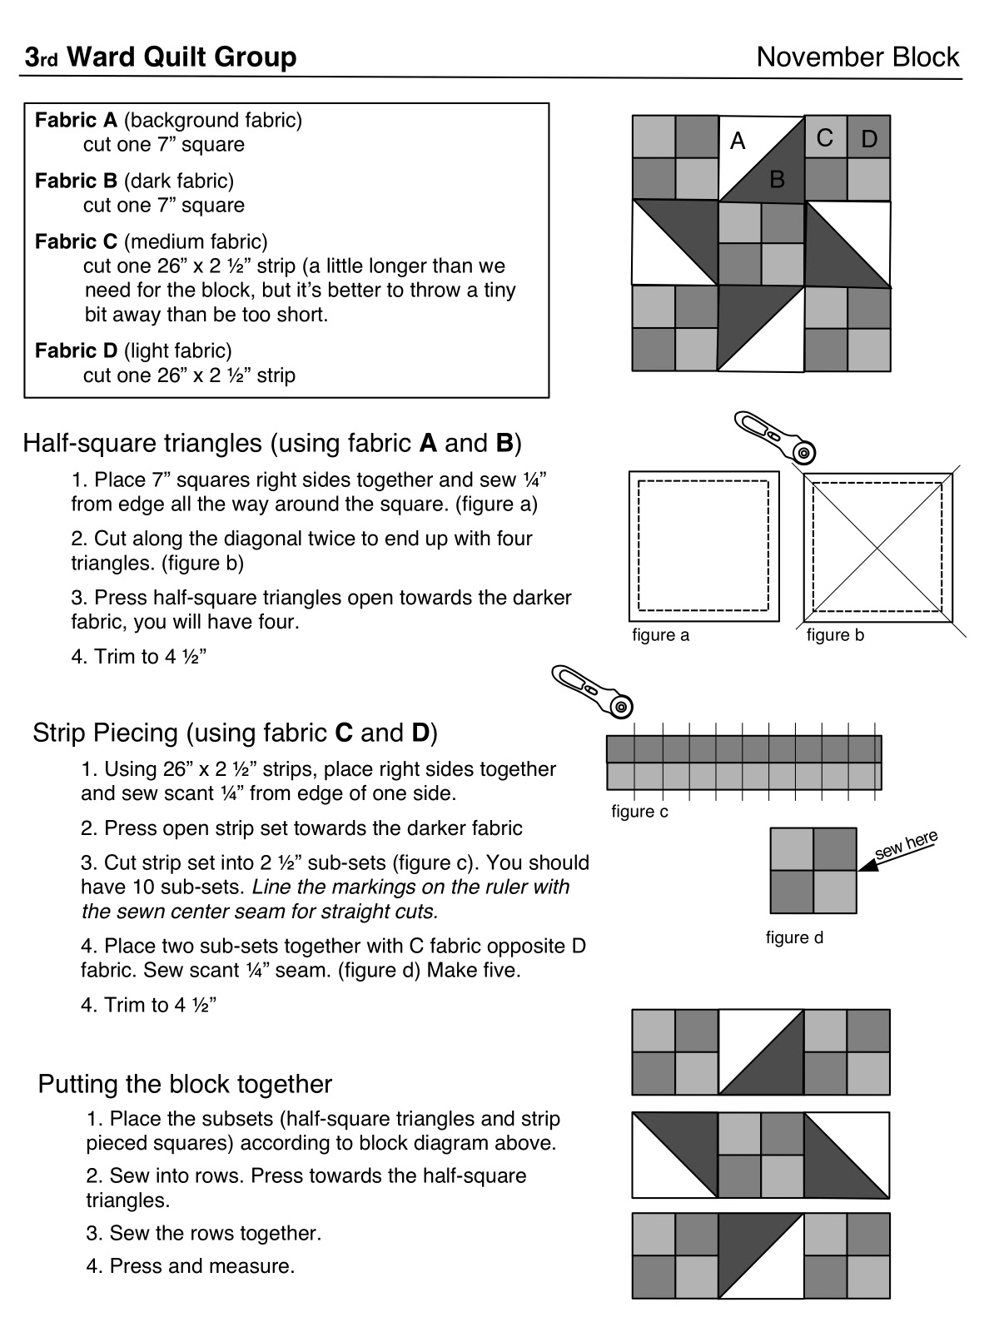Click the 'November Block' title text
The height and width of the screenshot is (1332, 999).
pyautogui.click(x=857, y=57)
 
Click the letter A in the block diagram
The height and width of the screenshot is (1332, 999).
pyautogui.click(x=738, y=142)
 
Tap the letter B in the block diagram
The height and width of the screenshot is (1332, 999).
pyautogui.click(x=777, y=179)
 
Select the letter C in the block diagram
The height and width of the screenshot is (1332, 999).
pyautogui.click(x=825, y=138)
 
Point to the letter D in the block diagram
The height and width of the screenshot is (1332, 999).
pyautogui.click(x=869, y=140)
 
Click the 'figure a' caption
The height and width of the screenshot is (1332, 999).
pyautogui.click(x=661, y=635)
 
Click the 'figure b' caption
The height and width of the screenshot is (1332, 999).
pyautogui.click(x=835, y=635)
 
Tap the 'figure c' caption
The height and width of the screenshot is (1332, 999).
pyautogui.click(x=639, y=811)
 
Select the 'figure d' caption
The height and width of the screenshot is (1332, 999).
pyautogui.click(x=794, y=937)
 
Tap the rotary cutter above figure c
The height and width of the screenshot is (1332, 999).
pyautogui.click(x=592, y=690)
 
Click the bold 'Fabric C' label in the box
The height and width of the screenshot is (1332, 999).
pyautogui.click(x=76, y=242)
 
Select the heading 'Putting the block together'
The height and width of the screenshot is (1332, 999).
pyautogui.click(x=185, y=1084)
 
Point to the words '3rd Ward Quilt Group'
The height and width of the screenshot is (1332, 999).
pyautogui.click(x=160, y=57)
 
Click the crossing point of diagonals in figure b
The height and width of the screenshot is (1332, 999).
pyautogui.click(x=878, y=547)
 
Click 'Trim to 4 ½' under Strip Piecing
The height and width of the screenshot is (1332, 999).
pyautogui.click(x=149, y=1005)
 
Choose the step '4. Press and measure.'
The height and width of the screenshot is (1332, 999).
pyautogui.click(x=191, y=1266)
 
